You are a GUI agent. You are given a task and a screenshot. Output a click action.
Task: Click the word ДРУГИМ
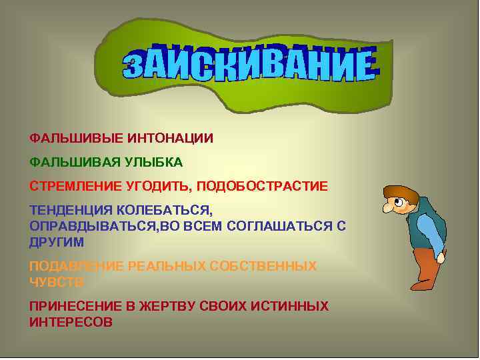coord(57,242)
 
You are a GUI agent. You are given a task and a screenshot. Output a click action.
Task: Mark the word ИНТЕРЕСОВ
coord(71,322)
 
